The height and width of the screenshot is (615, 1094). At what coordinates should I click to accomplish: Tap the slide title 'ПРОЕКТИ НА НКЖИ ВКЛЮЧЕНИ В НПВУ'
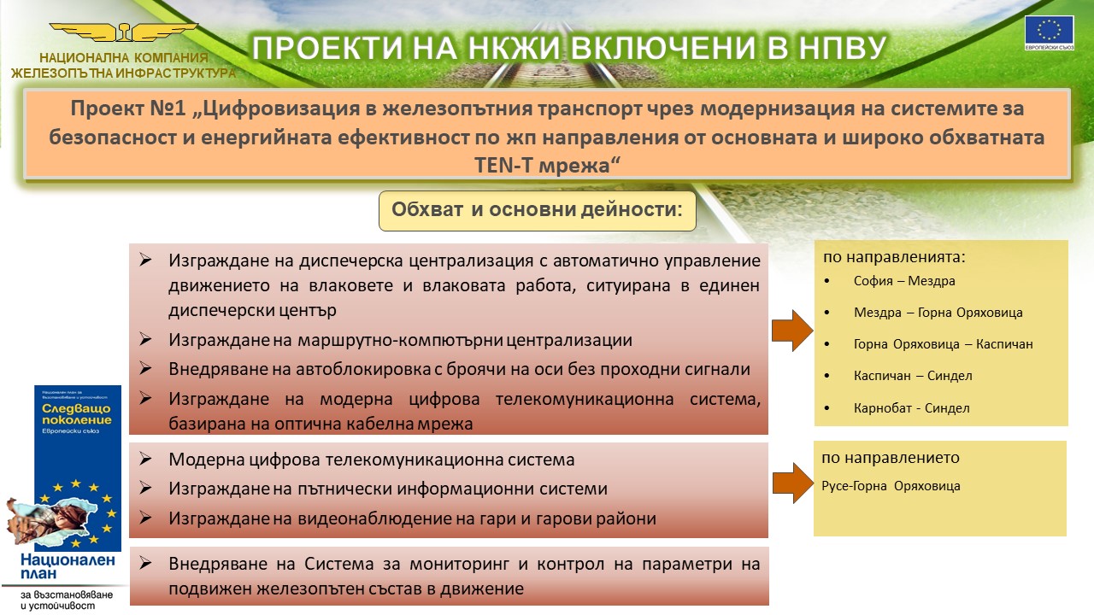(568, 48)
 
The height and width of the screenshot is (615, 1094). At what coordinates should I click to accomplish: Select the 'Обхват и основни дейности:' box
(537, 210)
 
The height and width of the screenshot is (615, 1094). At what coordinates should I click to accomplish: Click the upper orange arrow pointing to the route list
(792, 331)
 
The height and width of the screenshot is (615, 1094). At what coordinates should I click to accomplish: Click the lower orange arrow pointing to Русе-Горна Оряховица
(791, 483)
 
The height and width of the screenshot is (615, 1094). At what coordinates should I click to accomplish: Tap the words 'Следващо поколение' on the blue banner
(77, 415)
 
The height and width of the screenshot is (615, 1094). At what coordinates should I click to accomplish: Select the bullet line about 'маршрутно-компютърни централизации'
(400, 340)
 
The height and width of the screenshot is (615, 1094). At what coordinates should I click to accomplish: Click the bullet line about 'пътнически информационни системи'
(387, 489)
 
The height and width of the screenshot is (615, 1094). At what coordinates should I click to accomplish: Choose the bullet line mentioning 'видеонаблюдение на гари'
(412, 518)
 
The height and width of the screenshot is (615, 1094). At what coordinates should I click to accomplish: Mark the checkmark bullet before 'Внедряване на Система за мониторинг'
(145, 563)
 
